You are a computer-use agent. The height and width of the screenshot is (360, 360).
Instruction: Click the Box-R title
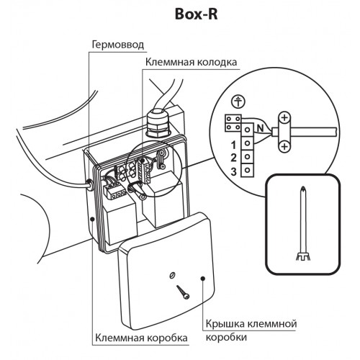click(196, 14)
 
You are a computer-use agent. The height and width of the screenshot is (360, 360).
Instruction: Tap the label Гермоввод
click(118, 45)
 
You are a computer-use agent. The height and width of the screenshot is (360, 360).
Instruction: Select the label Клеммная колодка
click(191, 62)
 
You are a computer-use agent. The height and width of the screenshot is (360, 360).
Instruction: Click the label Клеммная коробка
click(141, 338)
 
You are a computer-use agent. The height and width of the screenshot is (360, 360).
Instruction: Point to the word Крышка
click(225, 324)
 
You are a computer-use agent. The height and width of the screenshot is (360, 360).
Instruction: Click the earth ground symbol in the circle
click(238, 102)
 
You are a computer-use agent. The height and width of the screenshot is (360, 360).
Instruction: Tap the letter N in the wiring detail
click(261, 128)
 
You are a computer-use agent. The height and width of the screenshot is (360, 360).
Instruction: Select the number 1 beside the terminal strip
click(233, 145)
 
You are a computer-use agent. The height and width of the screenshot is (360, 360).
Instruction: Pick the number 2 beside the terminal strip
click(233, 158)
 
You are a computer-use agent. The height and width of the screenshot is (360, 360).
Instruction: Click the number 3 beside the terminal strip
click(233, 171)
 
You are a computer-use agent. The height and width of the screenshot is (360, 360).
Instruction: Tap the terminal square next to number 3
click(247, 171)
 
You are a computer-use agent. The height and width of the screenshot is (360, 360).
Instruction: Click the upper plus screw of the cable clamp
click(284, 118)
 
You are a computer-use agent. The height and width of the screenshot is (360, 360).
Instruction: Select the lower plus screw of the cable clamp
click(284, 145)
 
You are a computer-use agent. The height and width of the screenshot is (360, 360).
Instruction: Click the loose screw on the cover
click(183, 292)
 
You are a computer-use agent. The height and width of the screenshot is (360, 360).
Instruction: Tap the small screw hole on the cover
click(172, 275)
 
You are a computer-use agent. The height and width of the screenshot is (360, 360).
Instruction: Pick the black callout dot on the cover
click(203, 278)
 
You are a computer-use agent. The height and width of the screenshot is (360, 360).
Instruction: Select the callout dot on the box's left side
click(92, 219)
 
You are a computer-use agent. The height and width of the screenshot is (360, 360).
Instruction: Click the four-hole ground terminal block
click(233, 123)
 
